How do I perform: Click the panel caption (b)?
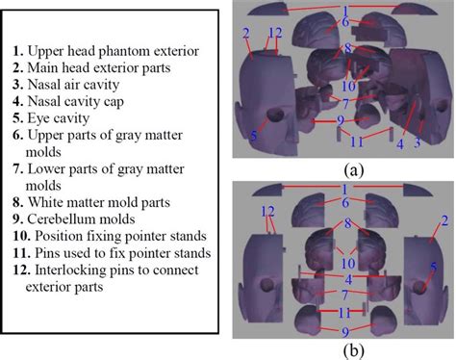tap(343, 349)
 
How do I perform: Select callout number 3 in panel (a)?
tap(418, 142)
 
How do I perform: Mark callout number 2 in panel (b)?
tap(443, 223)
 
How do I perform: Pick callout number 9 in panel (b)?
tap(343, 331)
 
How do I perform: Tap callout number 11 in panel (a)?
tap(356, 141)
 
